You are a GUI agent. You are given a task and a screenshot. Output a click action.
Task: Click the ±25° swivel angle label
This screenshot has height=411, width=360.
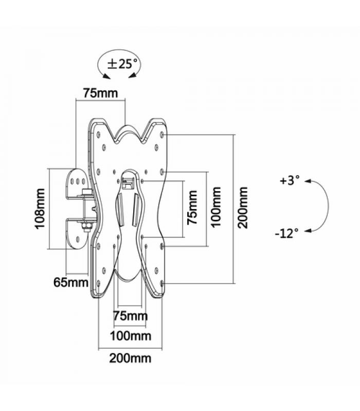[x=122, y=64]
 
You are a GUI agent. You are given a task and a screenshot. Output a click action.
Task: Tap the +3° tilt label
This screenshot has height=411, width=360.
[x=290, y=181]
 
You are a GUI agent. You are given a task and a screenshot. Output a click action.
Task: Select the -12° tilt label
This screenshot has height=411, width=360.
[x=287, y=233]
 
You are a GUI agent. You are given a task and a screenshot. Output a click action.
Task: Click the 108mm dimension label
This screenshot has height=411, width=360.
[x=40, y=209]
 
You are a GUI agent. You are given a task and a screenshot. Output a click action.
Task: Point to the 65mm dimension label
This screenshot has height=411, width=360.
[x=71, y=282]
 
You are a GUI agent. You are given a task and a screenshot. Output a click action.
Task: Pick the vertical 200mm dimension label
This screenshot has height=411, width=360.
[x=243, y=208]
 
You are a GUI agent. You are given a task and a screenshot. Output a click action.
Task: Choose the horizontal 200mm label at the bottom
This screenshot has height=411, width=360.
[x=130, y=358]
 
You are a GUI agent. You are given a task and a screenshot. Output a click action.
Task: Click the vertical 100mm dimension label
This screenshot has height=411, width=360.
[x=216, y=207]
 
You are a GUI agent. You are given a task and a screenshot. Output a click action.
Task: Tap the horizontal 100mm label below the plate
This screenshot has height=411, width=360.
[x=131, y=336]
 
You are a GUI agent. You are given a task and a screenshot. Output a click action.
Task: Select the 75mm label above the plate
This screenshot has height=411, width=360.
[x=100, y=93]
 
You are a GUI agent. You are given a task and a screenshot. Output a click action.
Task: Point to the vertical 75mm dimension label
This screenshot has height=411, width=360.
[x=192, y=208]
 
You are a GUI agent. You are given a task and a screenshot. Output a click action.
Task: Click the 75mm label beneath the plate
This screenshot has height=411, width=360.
[x=131, y=316]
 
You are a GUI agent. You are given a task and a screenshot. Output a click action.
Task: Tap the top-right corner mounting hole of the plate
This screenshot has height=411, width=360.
[x=161, y=135]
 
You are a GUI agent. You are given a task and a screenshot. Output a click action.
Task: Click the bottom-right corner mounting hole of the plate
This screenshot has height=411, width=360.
[x=161, y=284]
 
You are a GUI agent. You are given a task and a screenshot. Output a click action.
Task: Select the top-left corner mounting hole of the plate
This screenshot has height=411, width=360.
[x=98, y=135]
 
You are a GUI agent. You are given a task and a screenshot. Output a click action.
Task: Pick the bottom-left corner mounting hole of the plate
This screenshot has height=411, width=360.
[x=98, y=284]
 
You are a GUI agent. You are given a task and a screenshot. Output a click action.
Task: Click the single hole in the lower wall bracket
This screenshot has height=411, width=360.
[x=78, y=239]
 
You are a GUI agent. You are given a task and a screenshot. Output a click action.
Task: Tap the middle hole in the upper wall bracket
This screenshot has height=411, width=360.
[x=78, y=181]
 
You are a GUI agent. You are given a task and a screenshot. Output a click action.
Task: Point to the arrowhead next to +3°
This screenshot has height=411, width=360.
[x=307, y=181]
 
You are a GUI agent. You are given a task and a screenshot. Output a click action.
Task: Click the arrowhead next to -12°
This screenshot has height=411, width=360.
[x=307, y=231]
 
